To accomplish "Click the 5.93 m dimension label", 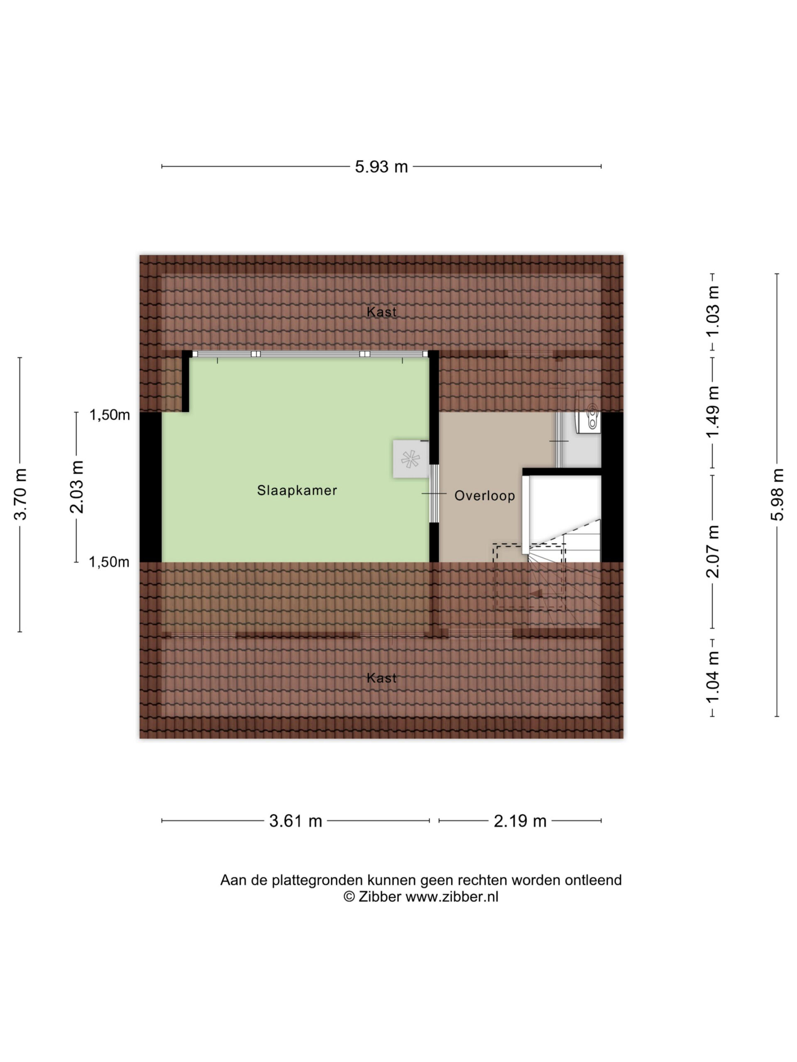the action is point(381,167).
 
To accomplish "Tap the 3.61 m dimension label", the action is point(295,821).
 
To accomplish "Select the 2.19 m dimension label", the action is point(520,821).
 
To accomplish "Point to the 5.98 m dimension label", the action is point(777,494).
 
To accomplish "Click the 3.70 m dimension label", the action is point(20,494).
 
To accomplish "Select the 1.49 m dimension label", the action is point(712,412).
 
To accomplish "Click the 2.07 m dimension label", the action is point(712,551).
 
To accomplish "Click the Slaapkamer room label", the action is point(297,490).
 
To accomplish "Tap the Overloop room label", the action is point(484,495).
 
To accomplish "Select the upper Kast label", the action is point(381,312).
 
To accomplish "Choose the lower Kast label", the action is point(381,678).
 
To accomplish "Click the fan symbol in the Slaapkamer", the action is point(410,459).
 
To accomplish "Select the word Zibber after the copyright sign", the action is point(379,896).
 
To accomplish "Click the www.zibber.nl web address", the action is point(452,896).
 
